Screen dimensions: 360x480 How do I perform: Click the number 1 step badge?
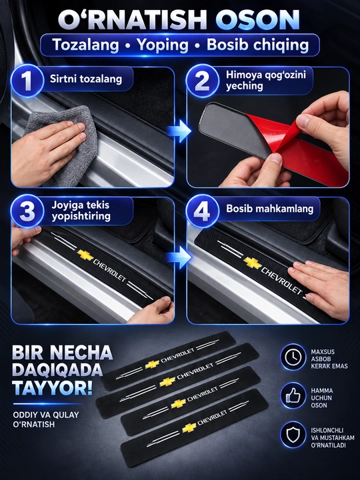click(x=27, y=81)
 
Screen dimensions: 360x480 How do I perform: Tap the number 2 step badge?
click(x=202, y=81)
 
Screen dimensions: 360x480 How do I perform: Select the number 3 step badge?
click(x=27, y=211)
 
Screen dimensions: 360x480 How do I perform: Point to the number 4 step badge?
click(x=202, y=211)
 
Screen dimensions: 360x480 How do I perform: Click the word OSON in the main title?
click(x=258, y=19)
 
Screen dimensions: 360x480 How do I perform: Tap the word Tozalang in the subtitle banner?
click(x=86, y=45)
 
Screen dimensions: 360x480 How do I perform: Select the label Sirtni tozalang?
click(x=86, y=79)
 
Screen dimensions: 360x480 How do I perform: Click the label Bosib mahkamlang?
click(x=270, y=209)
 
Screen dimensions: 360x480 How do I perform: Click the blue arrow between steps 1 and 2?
click(x=179, y=131)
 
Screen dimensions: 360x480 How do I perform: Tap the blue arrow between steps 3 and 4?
click(x=179, y=257)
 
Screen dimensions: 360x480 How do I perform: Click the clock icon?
click(x=293, y=357)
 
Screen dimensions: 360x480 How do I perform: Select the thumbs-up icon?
click(x=293, y=395)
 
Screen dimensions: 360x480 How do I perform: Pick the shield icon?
click(x=293, y=435)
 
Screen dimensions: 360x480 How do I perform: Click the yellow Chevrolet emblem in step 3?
click(x=85, y=255)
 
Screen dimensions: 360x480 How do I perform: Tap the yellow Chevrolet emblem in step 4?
click(x=253, y=263)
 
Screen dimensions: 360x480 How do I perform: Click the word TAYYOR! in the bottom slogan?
click(x=53, y=388)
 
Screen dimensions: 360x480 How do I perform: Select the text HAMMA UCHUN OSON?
click(x=322, y=397)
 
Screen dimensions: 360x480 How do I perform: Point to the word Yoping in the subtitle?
click(x=163, y=45)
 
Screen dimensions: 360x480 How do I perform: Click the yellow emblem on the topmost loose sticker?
click(x=152, y=364)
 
